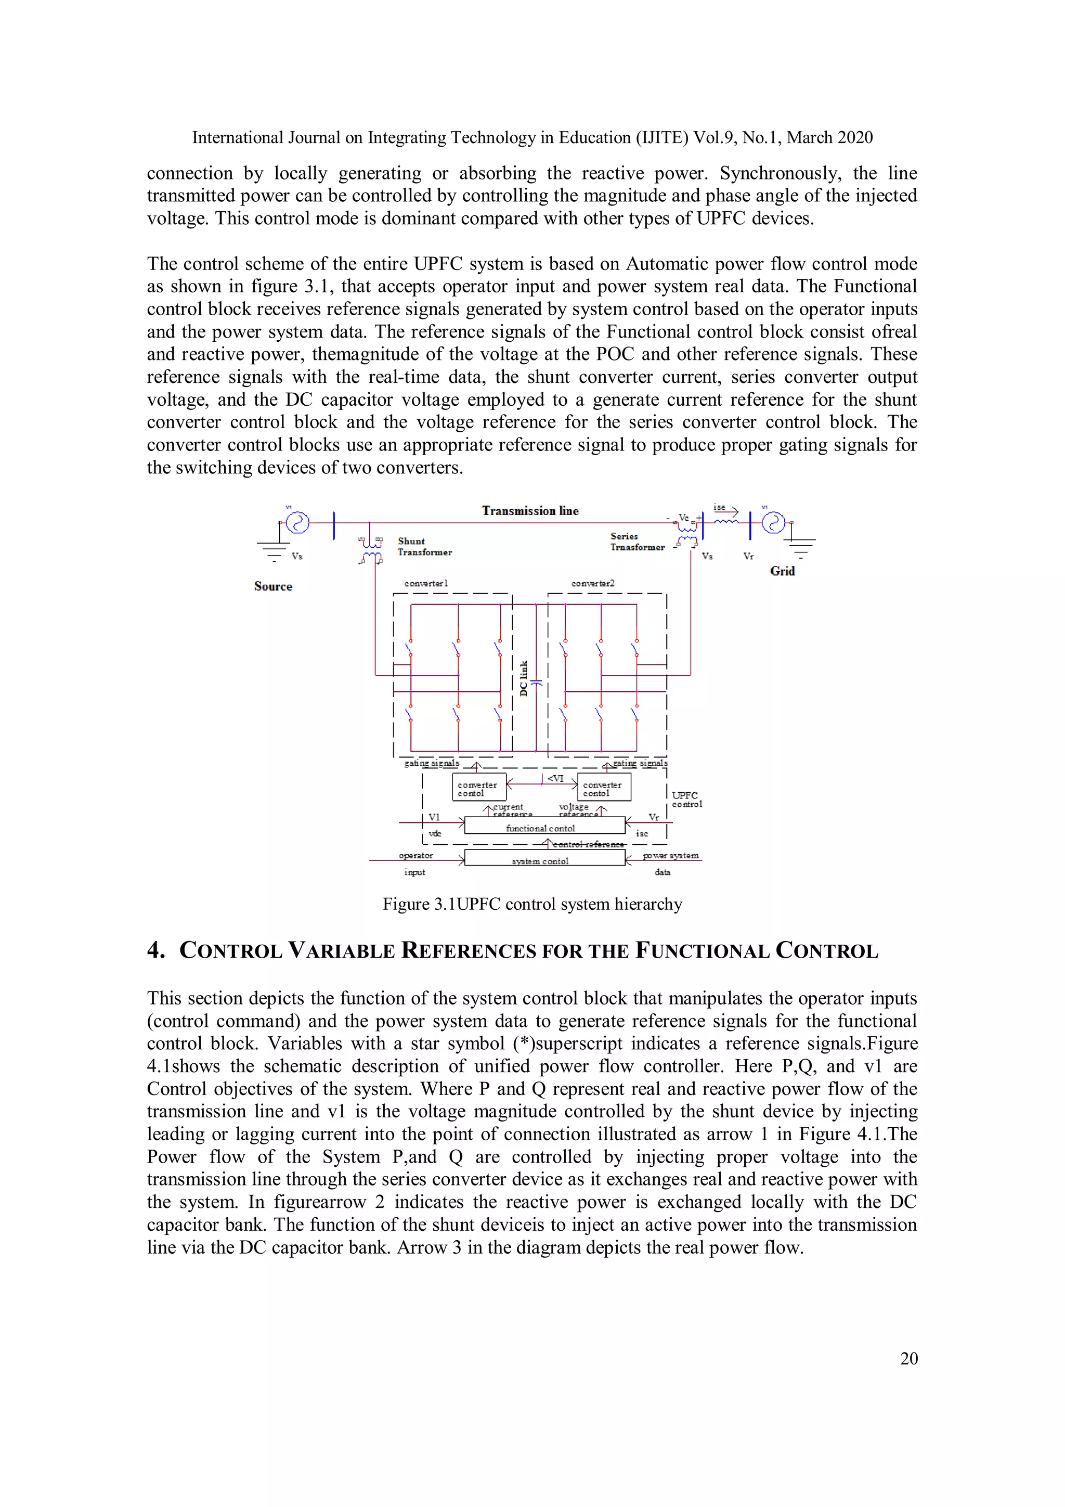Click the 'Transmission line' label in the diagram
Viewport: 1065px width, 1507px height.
tap(530, 511)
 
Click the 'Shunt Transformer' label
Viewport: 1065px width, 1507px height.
tap(424, 547)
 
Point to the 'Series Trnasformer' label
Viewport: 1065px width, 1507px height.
tap(637, 542)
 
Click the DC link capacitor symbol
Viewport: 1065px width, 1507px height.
tap(536, 683)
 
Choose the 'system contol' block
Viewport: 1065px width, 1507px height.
tap(544, 858)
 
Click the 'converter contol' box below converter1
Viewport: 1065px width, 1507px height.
tap(478, 788)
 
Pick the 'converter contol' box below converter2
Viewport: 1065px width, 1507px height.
tap(604, 788)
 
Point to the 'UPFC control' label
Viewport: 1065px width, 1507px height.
tap(686, 800)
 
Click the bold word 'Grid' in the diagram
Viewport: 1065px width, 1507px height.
tap(782, 571)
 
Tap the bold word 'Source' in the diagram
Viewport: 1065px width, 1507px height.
tap(273, 587)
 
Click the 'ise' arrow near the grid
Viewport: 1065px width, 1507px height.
tap(726, 509)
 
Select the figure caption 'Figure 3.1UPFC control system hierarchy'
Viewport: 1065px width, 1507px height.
tap(532, 905)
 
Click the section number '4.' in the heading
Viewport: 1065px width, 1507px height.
tap(155, 950)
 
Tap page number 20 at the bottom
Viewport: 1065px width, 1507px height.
tap(909, 1359)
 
